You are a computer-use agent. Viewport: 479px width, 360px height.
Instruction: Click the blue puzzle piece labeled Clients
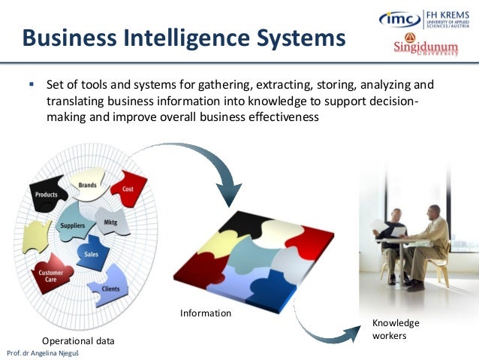110,288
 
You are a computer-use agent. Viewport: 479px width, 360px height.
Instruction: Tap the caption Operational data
78,340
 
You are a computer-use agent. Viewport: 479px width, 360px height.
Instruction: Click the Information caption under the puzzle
205,312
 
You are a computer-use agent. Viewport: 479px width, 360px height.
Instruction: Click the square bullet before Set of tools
32,84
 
